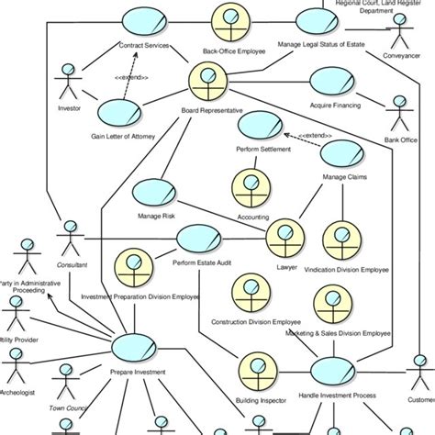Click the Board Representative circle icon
(x=206, y=83)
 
